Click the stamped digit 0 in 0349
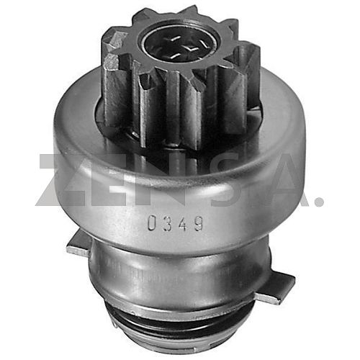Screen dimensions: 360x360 point(153,223)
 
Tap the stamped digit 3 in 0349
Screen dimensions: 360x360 point(168,224)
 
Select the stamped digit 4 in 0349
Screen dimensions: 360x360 point(183,224)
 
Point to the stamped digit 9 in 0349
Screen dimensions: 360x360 point(198,224)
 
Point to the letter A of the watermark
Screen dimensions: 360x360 point(283,180)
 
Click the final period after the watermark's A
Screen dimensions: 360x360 point(319,201)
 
